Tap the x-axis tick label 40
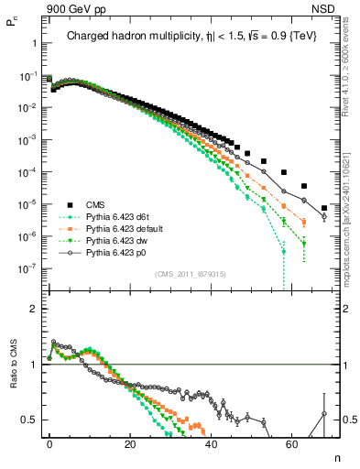tap(211, 443)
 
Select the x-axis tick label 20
tap(130, 443)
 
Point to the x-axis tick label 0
tap(49, 443)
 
